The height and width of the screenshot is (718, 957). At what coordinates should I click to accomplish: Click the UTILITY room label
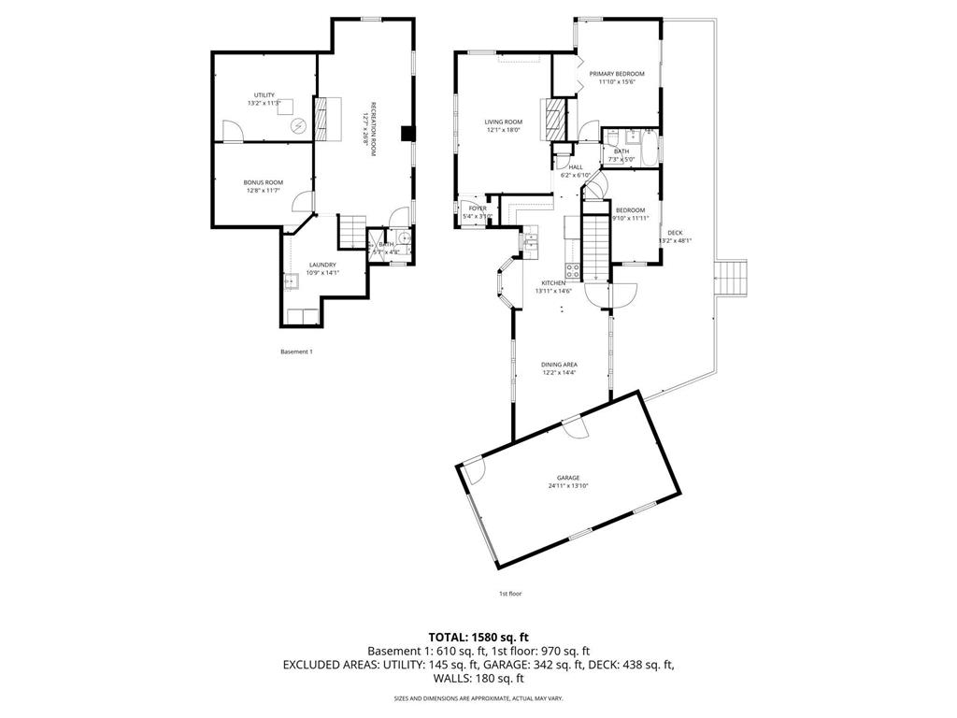click(264, 95)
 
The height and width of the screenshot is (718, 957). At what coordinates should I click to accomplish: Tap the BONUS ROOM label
click(264, 182)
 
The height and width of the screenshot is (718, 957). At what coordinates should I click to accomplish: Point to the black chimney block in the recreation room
click(407, 134)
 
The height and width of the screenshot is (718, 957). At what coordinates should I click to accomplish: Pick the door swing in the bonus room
click(301, 199)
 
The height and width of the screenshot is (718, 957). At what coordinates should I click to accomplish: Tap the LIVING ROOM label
click(503, 122)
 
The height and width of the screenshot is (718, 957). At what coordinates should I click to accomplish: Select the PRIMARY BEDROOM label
click(617, 74)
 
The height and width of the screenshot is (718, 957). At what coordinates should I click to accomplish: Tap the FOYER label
click(478, 208)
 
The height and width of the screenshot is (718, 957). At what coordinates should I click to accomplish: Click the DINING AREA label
click(559, 365)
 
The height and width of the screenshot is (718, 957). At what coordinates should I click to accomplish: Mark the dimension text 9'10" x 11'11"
click(630, 218)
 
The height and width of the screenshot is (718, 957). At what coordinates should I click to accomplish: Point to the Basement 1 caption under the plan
click(296, 352)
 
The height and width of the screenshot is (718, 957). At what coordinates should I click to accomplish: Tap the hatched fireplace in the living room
click(555, 119)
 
